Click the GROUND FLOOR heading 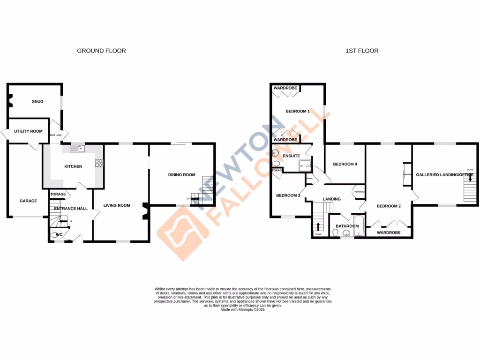click(101, 51)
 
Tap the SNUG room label click(37, 101)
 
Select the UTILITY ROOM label click(28, 131)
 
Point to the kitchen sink click(76, 149)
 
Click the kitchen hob click(99, 163)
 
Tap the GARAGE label click(28, 201)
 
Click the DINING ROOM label click(181, 175)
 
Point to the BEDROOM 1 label click(298, 111)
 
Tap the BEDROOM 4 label click(345, 164)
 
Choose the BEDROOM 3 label click(288, 195)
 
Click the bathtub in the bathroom click(359, 227)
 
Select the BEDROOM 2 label click(389, 206)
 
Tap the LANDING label click(332, 199)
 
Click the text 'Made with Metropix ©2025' click(243, 309)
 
